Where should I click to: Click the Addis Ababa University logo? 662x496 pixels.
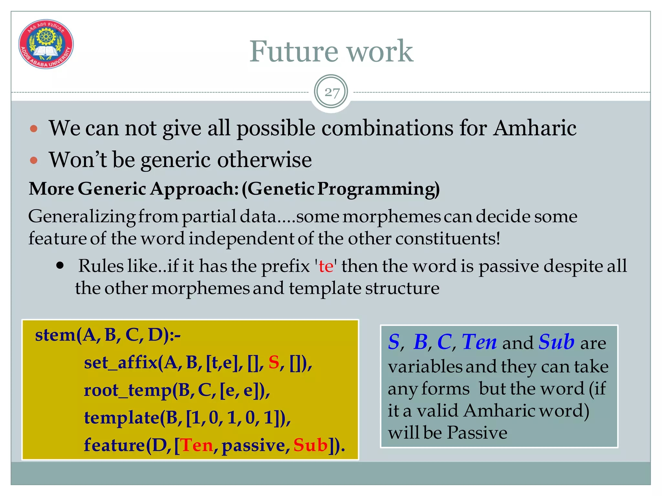[x=46, y=44]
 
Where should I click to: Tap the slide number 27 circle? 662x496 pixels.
[x=331, y=92]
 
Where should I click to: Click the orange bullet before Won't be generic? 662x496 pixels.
[x=34, y=160]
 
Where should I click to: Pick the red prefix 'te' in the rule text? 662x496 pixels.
[x=326, y=266]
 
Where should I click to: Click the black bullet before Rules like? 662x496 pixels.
[x=60, y=266]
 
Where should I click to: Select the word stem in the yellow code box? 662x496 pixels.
[x=55, y=335]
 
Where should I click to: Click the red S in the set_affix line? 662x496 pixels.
[x=274, y=362]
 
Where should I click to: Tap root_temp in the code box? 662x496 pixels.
[x=127, y=390]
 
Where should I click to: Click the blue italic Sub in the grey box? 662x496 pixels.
[x=556, y=342]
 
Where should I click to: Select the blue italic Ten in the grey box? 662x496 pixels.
[x=479, y=342]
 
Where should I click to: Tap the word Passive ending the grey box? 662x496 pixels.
[x=477, y=432]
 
